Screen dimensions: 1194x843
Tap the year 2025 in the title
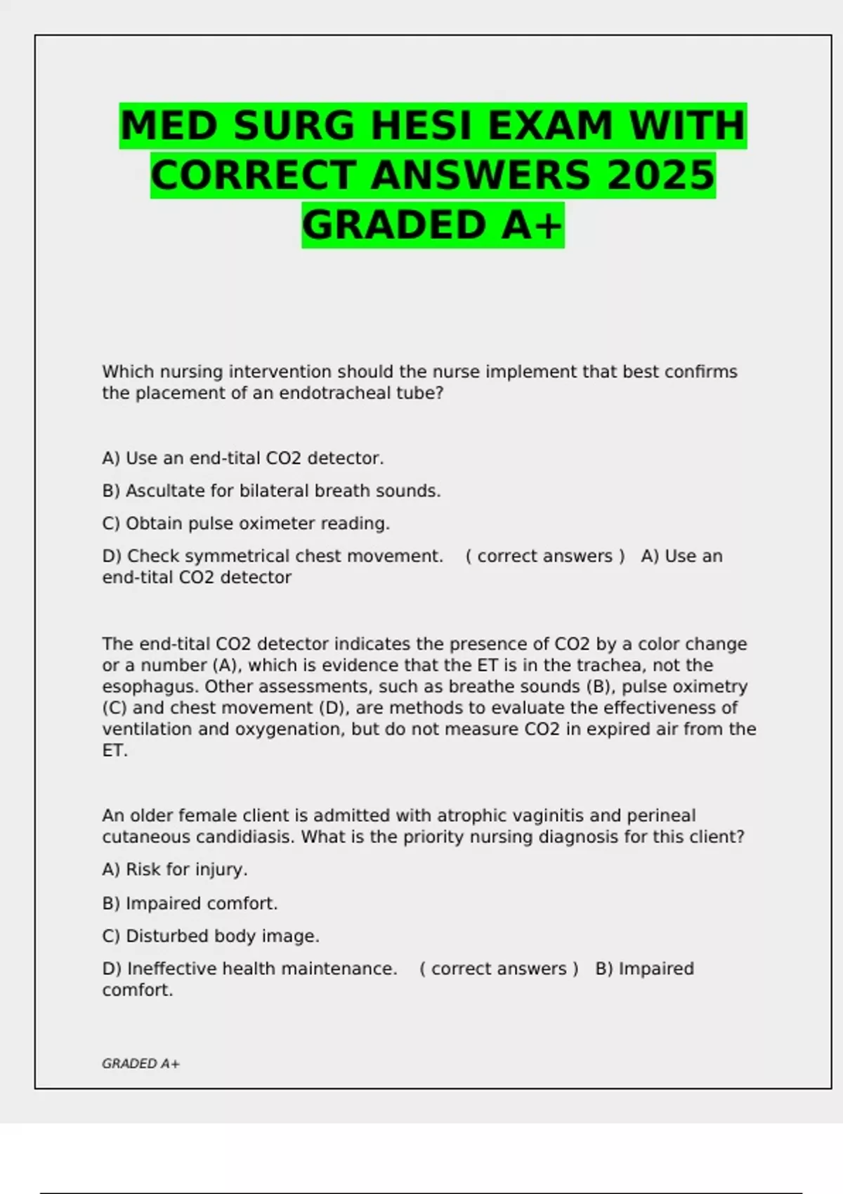click(x=660, y=176)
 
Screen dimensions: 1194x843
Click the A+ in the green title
click(x=532, y=225)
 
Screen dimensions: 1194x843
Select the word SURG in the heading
click(x=294, y=126)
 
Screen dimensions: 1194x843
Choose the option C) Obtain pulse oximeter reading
click(x=246, y=524)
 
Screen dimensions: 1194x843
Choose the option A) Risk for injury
click(x=175, y=870)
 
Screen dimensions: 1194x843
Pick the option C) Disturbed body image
click(x=211, y=936)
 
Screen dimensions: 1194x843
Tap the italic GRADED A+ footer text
click(x=140, y=1064)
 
